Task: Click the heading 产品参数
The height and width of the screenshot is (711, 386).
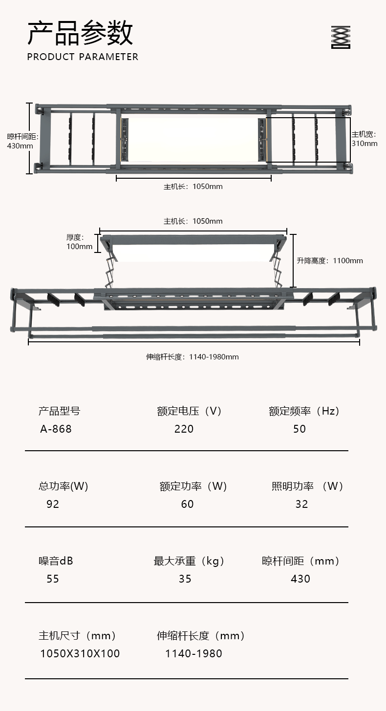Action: point(80,33)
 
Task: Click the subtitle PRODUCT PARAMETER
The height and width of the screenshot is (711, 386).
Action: point(83,57)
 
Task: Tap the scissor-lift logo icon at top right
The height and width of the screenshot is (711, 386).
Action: point(341,37)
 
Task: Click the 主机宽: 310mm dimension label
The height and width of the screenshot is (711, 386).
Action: point(365,139)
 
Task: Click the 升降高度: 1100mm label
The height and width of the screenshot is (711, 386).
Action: point(330,260)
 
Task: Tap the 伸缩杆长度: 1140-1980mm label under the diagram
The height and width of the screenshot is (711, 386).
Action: point(193,356)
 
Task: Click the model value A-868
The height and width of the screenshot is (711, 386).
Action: point(56,429)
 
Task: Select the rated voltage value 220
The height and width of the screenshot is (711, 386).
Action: point(184,429)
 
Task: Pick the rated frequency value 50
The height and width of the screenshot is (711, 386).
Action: point(300,429)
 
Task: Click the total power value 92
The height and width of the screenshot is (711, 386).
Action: point(53,504)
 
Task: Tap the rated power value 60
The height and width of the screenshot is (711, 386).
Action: point(187,504)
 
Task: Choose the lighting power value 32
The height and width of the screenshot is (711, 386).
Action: point(301,504)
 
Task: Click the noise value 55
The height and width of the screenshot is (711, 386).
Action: point(53,579)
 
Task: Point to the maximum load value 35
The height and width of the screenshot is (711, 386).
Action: point(185,579)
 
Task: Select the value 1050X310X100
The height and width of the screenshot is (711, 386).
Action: point(80,653)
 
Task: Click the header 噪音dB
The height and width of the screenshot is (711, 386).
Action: point(56,561)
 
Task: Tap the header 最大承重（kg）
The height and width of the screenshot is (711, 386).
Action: point(190,561)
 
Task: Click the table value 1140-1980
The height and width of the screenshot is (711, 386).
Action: point(193,653)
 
